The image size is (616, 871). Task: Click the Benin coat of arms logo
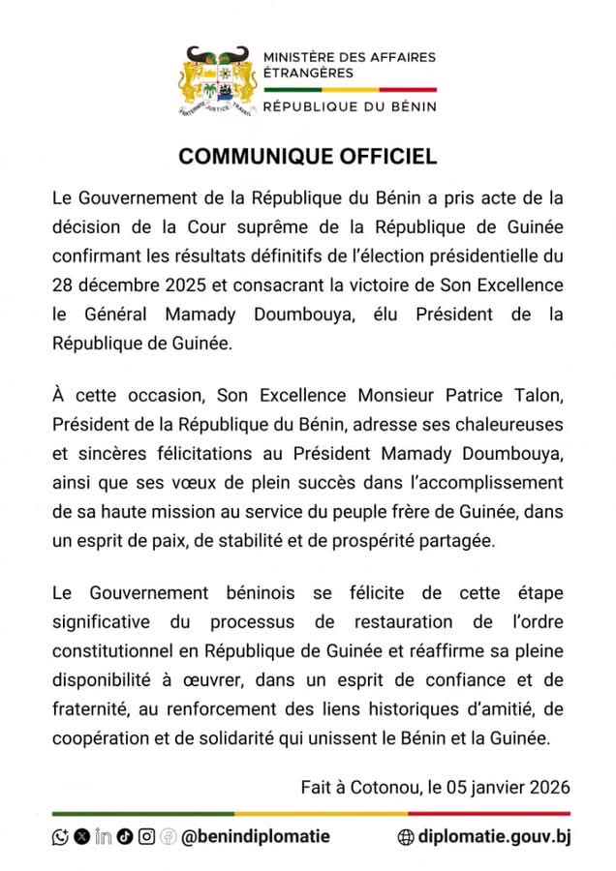pos(219,81)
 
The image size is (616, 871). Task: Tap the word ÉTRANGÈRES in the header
pos(308,73)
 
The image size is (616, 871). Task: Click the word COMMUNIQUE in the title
pos(250,157)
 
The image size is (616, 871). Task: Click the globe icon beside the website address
pos(407,837)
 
